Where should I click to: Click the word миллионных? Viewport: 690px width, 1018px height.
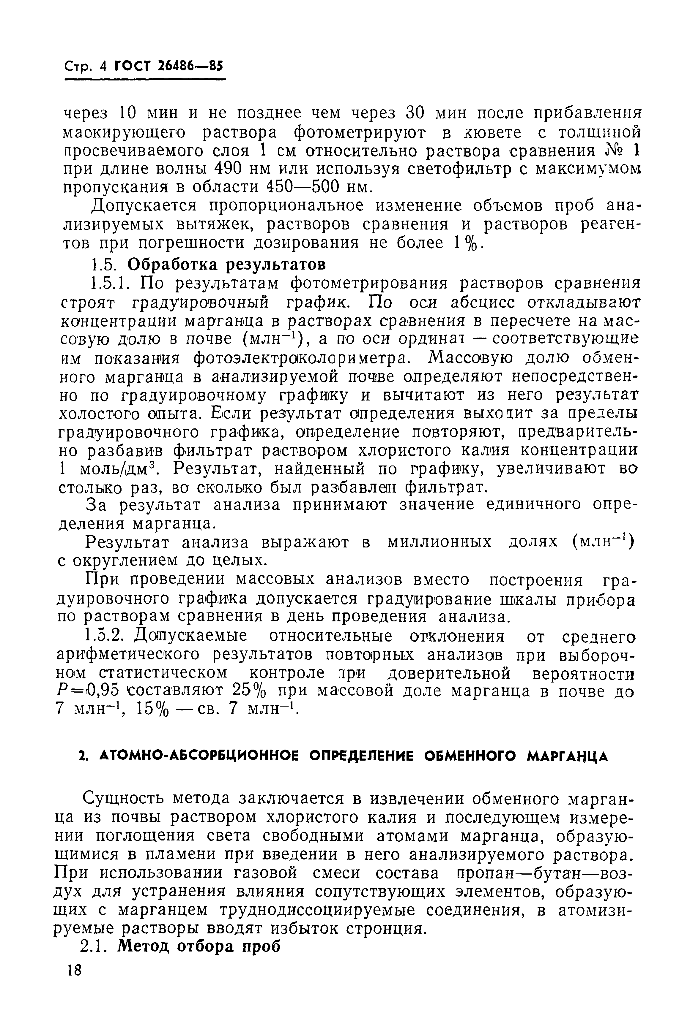click(440, 543)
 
